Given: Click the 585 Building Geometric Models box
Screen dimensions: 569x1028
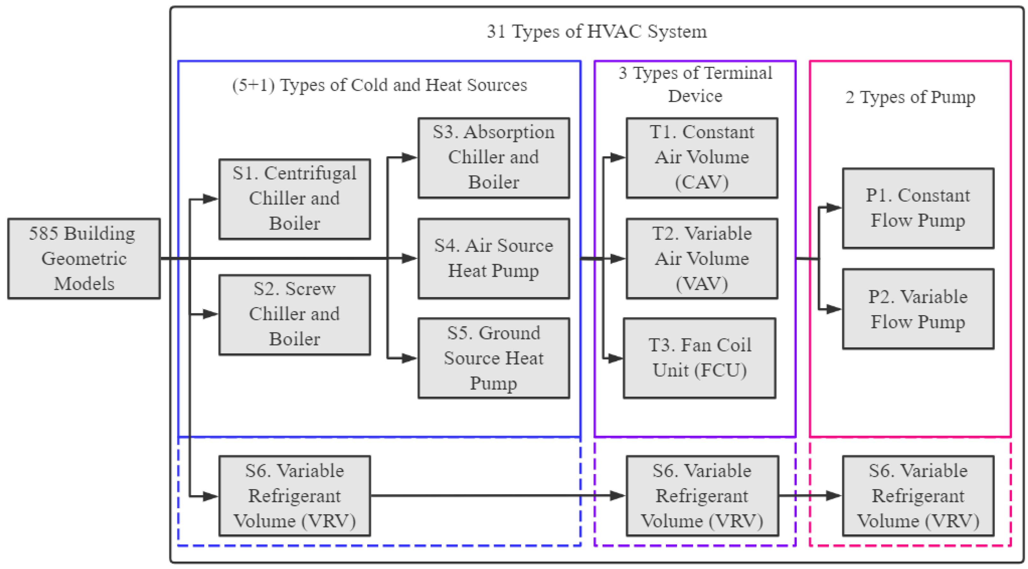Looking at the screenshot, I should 84,259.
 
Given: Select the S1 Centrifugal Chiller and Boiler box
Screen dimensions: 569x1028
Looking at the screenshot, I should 295,199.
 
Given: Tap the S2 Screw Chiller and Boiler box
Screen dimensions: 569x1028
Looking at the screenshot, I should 295,314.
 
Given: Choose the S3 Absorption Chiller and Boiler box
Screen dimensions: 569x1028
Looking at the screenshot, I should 494,158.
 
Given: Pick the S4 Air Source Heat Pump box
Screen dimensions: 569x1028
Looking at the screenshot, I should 494,258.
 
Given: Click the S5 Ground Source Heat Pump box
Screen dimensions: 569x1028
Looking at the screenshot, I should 494,358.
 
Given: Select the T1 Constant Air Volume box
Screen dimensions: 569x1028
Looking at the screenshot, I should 702,158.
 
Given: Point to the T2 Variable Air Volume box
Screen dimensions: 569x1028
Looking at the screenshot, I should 702,258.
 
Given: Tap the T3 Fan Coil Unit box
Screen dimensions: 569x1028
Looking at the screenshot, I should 700,358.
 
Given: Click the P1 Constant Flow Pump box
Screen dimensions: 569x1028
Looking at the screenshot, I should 918,208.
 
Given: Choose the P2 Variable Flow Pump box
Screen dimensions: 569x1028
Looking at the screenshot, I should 918,309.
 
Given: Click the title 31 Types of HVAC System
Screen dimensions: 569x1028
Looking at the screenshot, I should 597,31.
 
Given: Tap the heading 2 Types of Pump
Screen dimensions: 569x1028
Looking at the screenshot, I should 910,97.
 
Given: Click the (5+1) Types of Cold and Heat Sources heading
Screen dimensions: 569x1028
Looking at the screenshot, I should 379,85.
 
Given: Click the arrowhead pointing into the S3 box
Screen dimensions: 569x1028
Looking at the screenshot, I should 409,158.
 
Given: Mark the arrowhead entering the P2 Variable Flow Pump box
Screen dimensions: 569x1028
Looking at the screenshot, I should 834,309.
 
